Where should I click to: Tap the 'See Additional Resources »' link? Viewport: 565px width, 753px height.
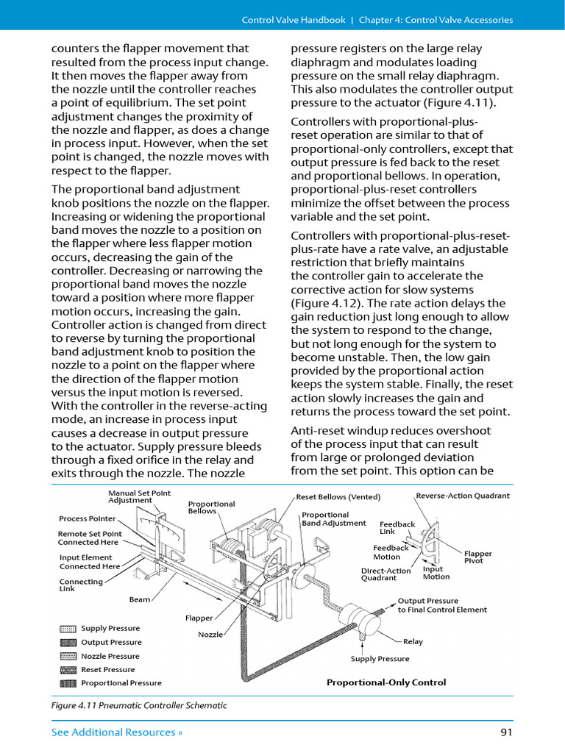click(x=117, y=732)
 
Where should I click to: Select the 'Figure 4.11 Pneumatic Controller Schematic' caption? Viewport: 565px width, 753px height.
click(x=139, y=705)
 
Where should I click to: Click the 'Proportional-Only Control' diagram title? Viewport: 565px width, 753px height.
click(x=386, y=682)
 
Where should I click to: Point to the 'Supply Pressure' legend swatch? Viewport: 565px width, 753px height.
click(x=68, y=629)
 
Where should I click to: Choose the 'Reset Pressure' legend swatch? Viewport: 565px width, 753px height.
click(x=68, y=670)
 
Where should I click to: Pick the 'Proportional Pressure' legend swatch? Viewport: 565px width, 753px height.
click(x=68, y=683)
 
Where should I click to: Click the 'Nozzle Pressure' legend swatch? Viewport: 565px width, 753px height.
click(x=68, y=656)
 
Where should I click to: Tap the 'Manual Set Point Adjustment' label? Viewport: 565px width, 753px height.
click(x=139, y=496)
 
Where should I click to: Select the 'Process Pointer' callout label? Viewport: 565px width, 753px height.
click(x=87, y=518)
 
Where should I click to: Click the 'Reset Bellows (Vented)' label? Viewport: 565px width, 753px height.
click(x=338, y=497)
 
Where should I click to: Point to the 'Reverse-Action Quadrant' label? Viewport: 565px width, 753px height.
click(x=463, y=496)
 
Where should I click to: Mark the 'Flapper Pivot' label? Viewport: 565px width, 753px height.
click(x=478, y=557)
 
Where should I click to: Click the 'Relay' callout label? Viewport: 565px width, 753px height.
click(x=413, y=641)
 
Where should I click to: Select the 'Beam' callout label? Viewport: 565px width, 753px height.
click(x=140, y=599)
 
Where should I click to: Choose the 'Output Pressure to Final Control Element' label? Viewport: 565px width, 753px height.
click(x=441, y=604)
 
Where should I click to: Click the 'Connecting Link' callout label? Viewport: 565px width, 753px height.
click(x=81, y=585)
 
